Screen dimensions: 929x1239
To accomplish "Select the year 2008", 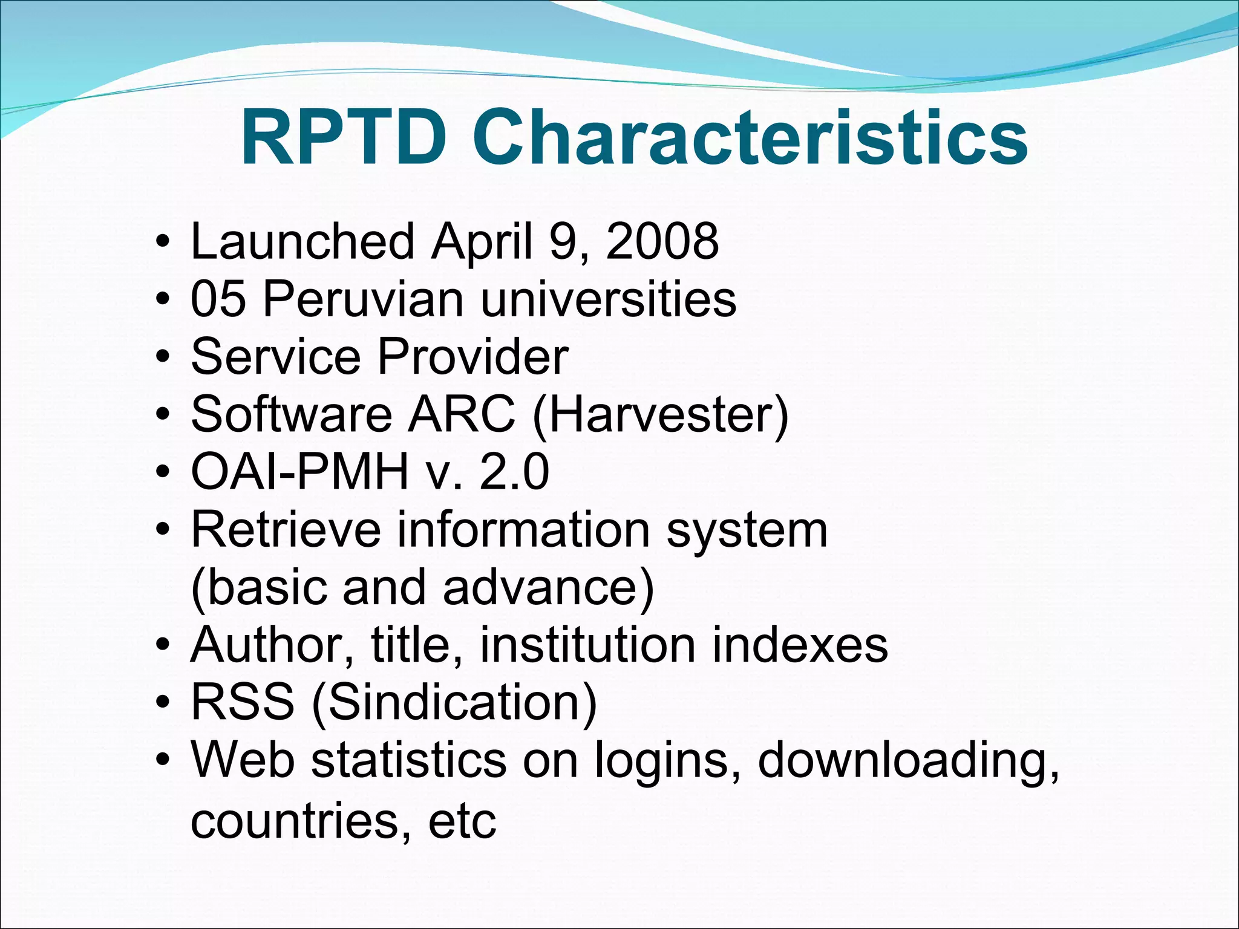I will coord(662,241).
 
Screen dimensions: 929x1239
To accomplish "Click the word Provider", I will coord(472,356).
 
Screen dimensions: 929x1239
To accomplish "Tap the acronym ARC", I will coord(462,414).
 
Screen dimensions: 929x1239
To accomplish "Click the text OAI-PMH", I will coord(299,472).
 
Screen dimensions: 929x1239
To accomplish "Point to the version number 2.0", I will coord(514,472).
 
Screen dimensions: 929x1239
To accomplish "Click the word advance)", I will coord(548,587).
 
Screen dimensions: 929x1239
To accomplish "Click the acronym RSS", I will coord(243,702).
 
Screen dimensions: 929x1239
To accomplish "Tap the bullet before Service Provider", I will coord(162,357).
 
